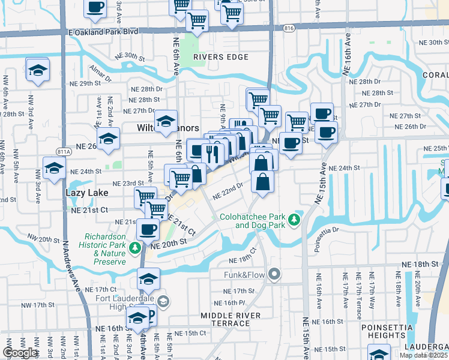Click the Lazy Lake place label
(87, 193)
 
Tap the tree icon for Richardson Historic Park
(135, 247)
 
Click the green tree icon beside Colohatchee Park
(294, 220)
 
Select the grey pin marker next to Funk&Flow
(275, 275)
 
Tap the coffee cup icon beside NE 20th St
(148, 228)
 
